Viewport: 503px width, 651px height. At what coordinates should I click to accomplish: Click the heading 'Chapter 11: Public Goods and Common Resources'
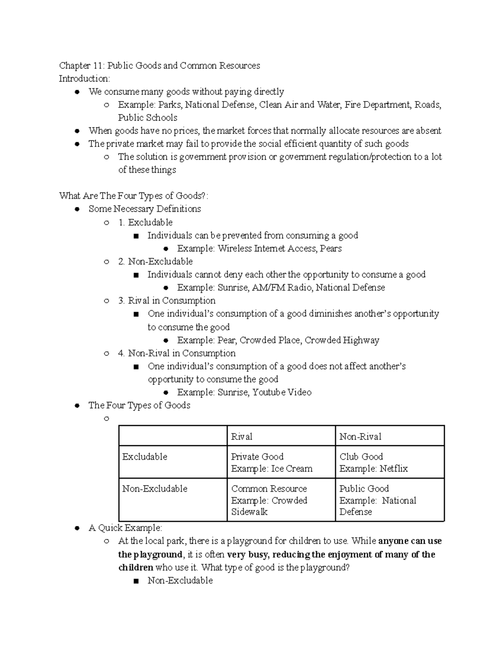[159, 66]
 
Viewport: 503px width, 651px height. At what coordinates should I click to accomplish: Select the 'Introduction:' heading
[84, 79]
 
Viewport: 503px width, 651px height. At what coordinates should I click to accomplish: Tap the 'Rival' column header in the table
[241, 437]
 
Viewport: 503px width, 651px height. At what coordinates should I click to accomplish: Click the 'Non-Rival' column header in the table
[360, 437]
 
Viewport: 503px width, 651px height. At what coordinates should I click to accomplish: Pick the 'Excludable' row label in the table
[145, 457]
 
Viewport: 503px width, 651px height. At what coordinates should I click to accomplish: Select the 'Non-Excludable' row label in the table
[155, 489]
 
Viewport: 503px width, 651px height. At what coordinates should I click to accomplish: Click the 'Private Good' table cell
[257, 457]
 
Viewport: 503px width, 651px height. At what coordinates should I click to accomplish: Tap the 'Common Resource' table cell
[269, 489]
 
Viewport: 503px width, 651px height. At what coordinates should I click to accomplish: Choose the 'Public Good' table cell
[364, 489]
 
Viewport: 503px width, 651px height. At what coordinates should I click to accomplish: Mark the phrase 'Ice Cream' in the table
[292, 469]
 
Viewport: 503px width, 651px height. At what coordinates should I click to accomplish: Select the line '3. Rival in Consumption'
[167, 301]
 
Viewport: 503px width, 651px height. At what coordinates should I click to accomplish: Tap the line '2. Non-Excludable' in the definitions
[156, 262]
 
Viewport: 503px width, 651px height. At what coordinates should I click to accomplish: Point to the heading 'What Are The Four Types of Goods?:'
[134, 196]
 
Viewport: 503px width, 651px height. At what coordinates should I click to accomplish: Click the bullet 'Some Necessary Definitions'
[145, 209]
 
